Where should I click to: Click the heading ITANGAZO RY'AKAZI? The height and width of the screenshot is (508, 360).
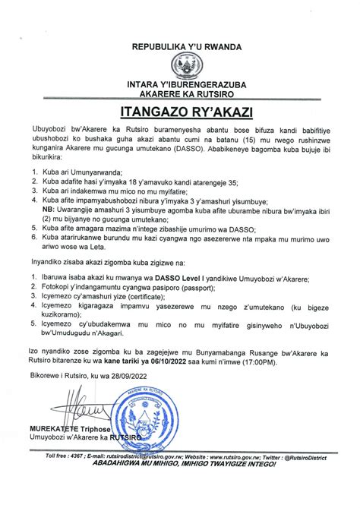(180, 113)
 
